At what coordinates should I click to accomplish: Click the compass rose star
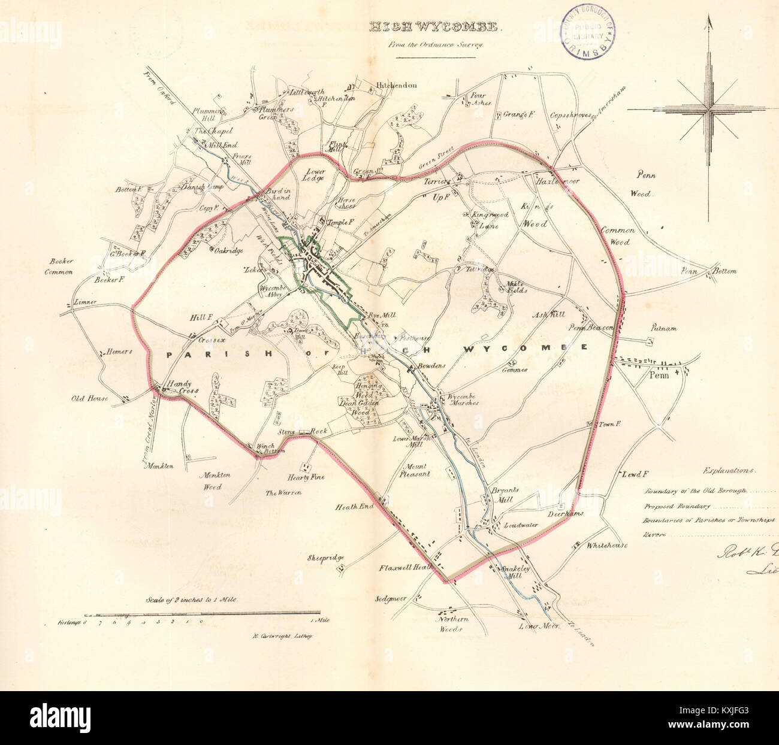(x=709, y=110)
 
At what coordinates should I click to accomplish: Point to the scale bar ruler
(x=204, y=614)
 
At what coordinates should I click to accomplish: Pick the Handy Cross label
(x=182, y=387)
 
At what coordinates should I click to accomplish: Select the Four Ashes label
(x=480, y=99)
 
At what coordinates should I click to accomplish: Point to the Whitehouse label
(x=607, y=545)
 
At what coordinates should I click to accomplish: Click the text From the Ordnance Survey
(x=435, y=45)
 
